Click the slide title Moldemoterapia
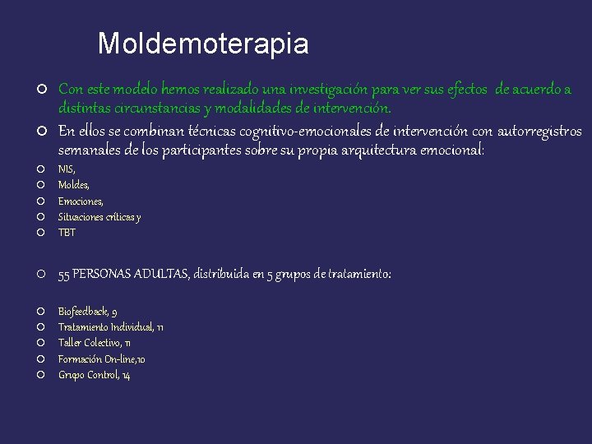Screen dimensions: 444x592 click(203, 44)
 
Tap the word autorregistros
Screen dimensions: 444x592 click(539, 131)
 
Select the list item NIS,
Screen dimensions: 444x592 click(66, 169)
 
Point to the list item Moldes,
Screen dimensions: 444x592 click(74, 185)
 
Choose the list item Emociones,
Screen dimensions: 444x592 click(81, 201)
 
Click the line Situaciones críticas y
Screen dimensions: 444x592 click(99, 217)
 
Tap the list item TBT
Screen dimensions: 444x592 click(67, 233)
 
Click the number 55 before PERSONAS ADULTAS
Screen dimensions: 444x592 click(64, 275)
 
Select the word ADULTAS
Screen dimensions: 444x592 click(159, 275)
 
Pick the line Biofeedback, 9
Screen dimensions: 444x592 click(87, 312)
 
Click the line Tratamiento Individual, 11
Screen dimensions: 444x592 click(110, 327)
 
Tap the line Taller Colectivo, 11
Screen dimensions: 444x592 click(95, 343)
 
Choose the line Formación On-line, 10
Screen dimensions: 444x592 click(102, 359)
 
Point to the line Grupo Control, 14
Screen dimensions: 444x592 click(94, 375)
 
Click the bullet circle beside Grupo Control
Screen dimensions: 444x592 click(40, 375)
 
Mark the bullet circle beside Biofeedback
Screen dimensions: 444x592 click(40, 312)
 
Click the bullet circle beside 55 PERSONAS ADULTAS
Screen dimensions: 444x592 click(40, 275)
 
